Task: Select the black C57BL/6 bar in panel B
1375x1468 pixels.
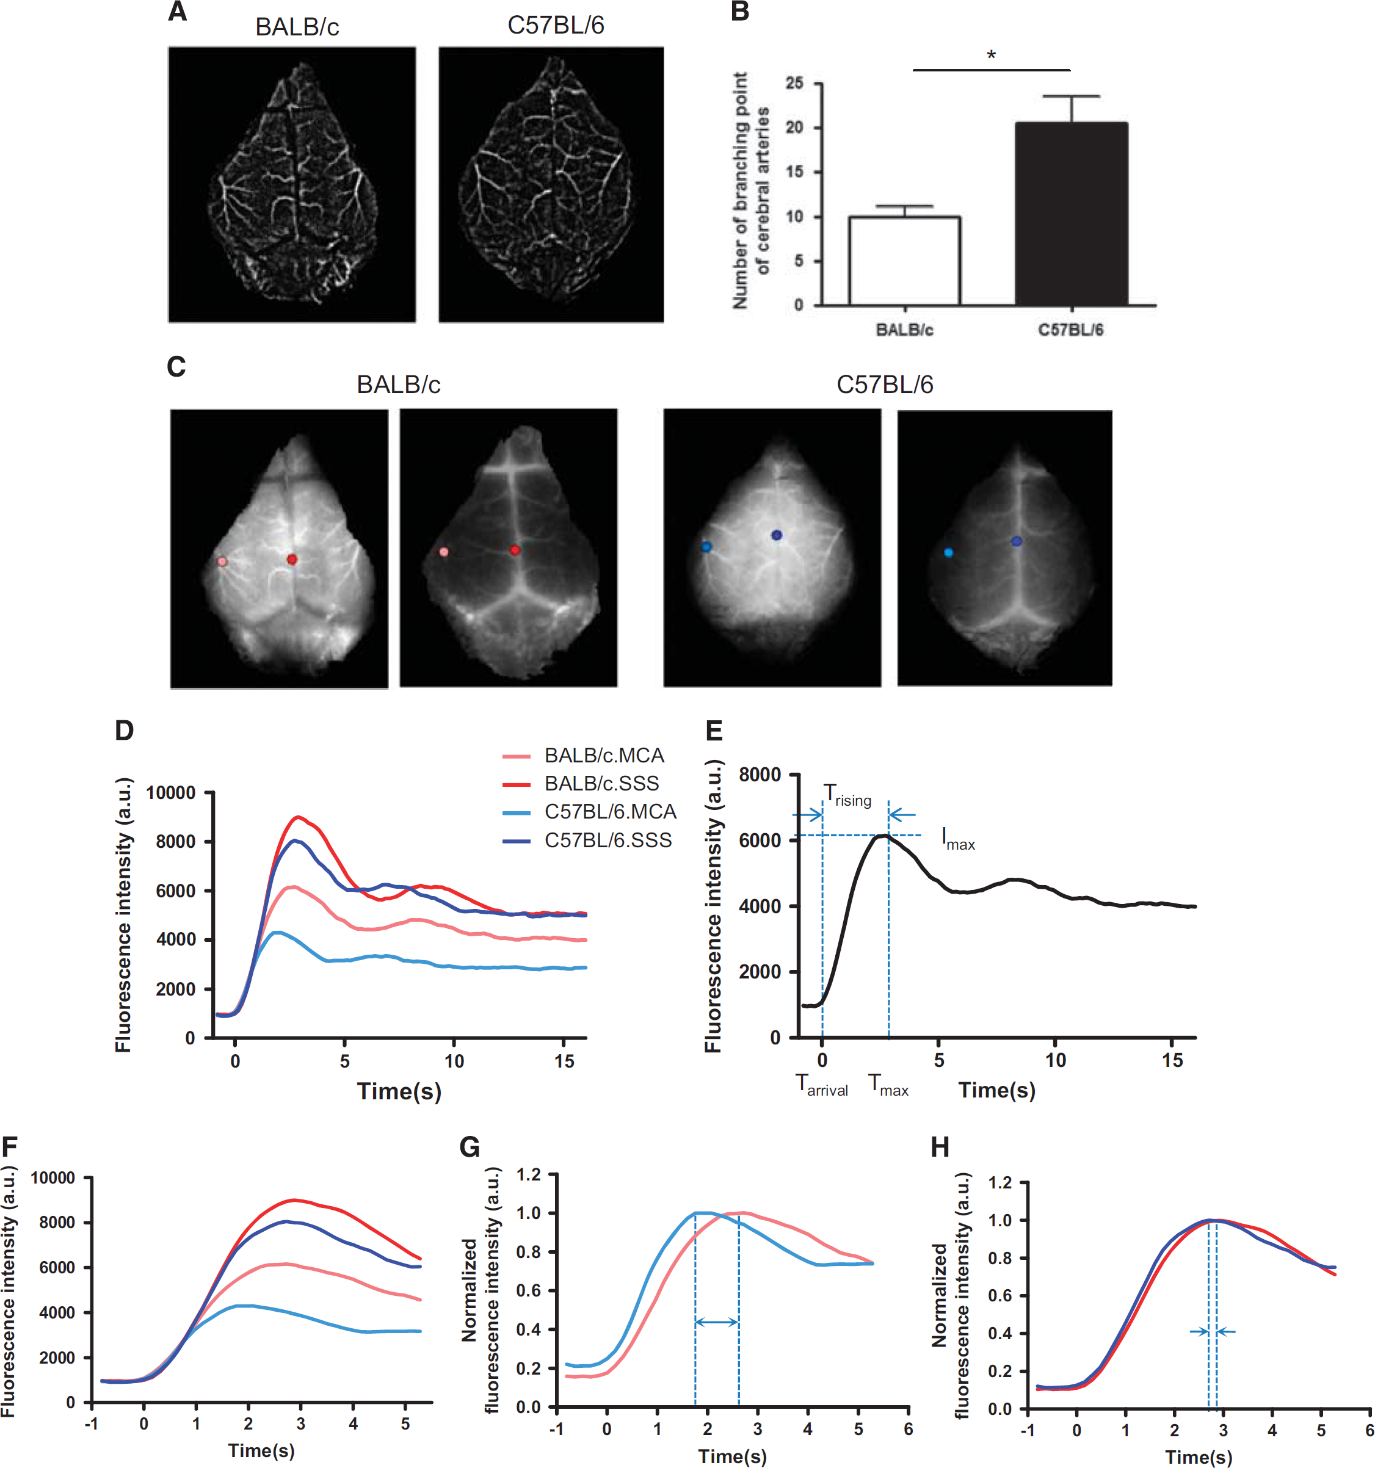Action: point(1071,214)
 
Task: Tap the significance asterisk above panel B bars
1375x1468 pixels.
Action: point(991,56)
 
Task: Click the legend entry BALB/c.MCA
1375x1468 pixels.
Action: point(604,756)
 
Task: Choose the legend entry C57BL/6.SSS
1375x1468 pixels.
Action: point(608,841)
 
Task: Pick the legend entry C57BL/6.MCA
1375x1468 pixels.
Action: point(610,812)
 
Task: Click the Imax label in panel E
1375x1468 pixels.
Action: point(958,839)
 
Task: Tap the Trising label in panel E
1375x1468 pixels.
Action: point(847,795)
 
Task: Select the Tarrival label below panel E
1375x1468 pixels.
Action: point(821,1085)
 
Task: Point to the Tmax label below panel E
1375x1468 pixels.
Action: point(888,1085)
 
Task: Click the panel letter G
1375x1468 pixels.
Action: point(470,1147)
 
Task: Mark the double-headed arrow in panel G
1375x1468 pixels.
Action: point(716,1322)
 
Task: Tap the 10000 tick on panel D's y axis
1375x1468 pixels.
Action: point(170,793)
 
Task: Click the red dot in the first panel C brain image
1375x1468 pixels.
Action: point(292,560)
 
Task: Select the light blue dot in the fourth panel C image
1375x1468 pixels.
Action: point(948,552)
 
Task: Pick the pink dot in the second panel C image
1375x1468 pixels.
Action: point(443,552)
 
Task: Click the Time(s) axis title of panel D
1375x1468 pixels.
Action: point(399,1091)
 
